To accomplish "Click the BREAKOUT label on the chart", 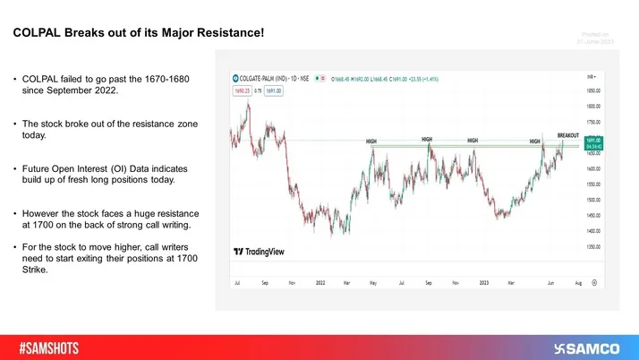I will point(568,135).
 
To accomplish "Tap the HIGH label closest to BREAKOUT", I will point(534,141).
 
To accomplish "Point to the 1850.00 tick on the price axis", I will point(592,90).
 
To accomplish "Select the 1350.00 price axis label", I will point(592,245).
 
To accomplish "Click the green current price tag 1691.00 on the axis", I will point(592,141).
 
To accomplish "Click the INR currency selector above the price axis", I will point(592,77).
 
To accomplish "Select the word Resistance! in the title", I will point(229,34).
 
